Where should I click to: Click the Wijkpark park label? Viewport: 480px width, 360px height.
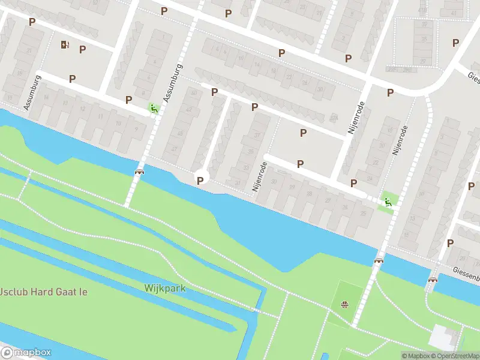click(164, 288)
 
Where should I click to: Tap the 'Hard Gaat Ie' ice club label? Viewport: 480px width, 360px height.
click(43, 292)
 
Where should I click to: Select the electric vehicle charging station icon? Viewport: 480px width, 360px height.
click(65, 44)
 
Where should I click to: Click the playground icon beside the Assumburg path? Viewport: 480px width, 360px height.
click(154, 108)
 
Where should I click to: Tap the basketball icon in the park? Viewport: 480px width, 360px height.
click(344, 305)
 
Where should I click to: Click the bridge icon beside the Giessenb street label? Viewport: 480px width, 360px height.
click(433, 280)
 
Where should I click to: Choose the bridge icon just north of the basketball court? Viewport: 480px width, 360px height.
click(379, 260)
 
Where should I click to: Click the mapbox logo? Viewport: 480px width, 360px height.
click(26, 353)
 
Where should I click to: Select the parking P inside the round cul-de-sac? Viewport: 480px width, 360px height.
click(200, 180)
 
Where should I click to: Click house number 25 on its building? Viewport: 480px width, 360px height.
click(362, 214)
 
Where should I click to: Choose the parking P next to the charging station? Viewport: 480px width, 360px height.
click(82, 49)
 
